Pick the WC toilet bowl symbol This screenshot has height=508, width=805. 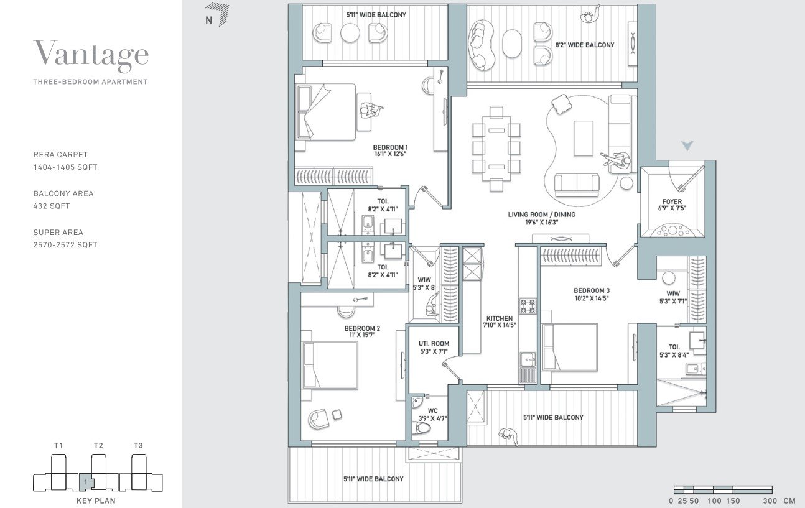click(x=424, y=429)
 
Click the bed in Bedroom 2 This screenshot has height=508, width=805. click(x=330, y=365)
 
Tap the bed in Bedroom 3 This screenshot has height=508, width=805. click(x=570, y=347)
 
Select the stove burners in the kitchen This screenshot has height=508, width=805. click(x=528, y=305)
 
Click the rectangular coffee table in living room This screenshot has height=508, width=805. click(x=584, y=138)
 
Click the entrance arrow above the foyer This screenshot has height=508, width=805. click(x=687, y=146)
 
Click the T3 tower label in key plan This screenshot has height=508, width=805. click(x=138, y=445)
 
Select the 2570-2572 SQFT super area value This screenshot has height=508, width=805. click(x=65, y=245)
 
